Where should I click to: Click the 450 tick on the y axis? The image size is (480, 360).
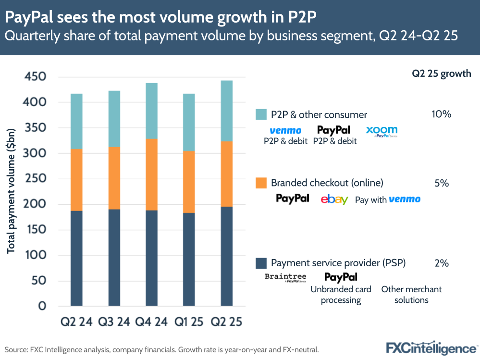(x=36, y=77)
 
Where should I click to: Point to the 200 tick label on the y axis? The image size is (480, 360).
(x=36, y=204)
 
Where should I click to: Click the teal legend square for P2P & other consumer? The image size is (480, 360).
(x=261, y=114)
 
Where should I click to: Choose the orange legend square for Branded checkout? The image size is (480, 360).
(x=261, y=183)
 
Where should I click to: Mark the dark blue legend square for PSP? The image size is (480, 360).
(x=261, y=263)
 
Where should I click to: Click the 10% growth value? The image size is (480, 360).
(x=441, y=114)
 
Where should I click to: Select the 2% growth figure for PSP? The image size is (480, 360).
(x=441, y=263)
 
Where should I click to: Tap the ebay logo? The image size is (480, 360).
(x=334, y=199)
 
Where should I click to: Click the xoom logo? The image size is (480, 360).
(x=382, y=131)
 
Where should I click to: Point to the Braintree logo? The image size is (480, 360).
(x=285, y=277)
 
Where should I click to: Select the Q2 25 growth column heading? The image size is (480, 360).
(x=441, y=74)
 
